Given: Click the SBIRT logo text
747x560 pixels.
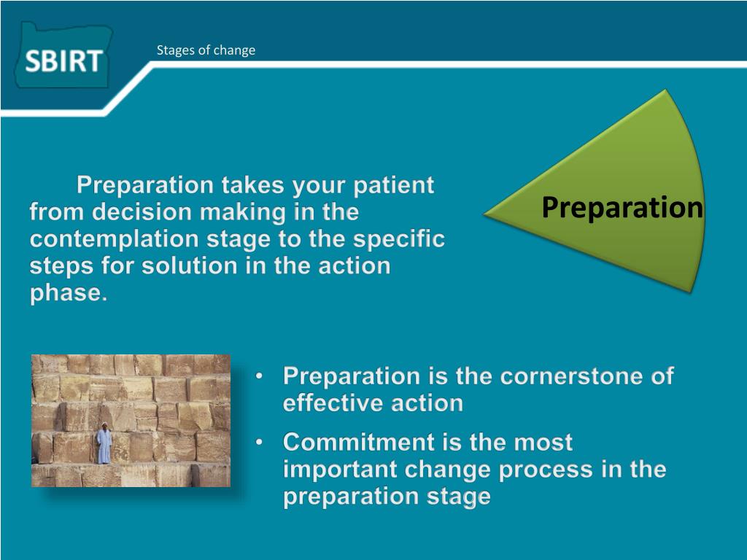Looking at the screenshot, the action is coord(63,61).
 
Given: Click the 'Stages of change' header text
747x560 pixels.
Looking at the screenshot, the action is coord(206,50).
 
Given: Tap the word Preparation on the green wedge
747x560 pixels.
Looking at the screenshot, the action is coord(622,208).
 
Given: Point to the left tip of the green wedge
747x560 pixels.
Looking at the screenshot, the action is coord(484,214).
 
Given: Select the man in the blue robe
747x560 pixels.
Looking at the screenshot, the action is coord(104,443).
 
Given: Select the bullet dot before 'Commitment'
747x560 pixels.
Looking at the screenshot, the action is coord(259,443).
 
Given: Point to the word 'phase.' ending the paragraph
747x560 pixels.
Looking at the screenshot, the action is coord(69,293).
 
